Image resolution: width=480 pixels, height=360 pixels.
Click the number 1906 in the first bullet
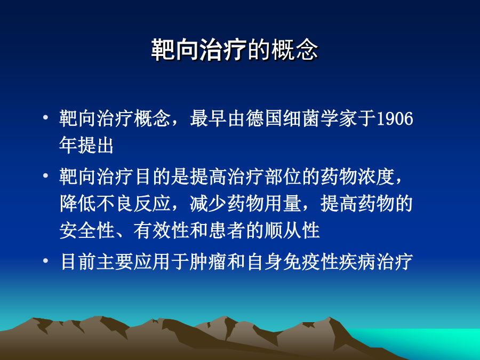(395, 118)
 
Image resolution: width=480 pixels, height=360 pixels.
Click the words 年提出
(86, 145)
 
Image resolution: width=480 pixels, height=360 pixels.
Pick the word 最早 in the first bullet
(209, 118)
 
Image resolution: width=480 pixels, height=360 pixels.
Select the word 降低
(78, 203)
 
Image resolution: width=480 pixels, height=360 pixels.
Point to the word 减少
(209, 203)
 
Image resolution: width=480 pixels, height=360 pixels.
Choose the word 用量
(283, 203)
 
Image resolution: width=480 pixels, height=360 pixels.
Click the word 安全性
(87, 230)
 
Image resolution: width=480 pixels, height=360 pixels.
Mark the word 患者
(227, 230)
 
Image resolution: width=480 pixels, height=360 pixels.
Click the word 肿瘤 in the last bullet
(208, 262)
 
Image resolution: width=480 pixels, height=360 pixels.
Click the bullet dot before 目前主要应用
(46, 261)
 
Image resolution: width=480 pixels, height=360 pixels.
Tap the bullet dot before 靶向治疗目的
(46, 175)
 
